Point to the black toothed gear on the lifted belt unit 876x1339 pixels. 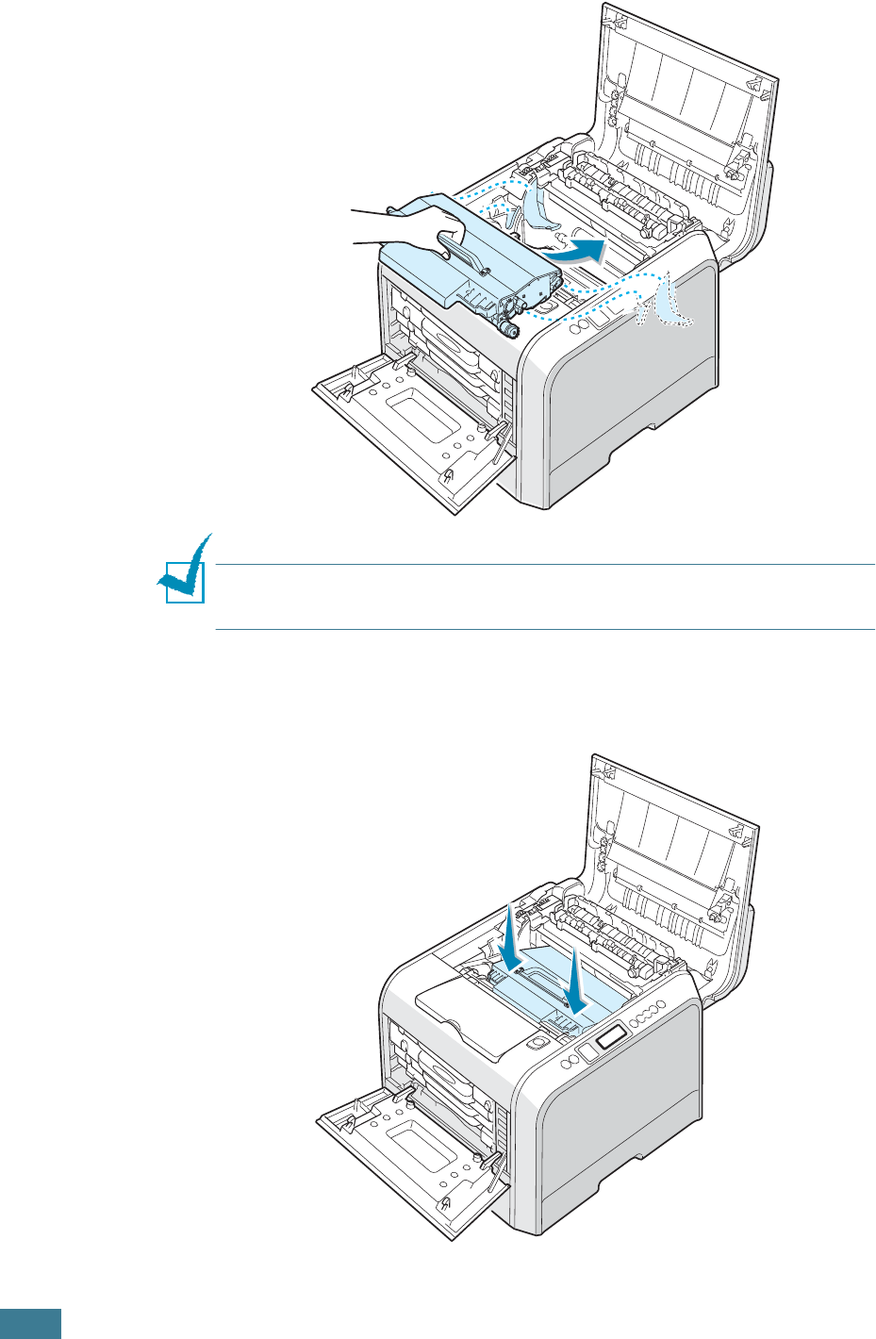tap(510, 327)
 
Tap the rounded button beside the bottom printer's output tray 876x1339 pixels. tap(537, 1043)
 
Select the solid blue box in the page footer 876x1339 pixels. tap(30, 1323)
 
